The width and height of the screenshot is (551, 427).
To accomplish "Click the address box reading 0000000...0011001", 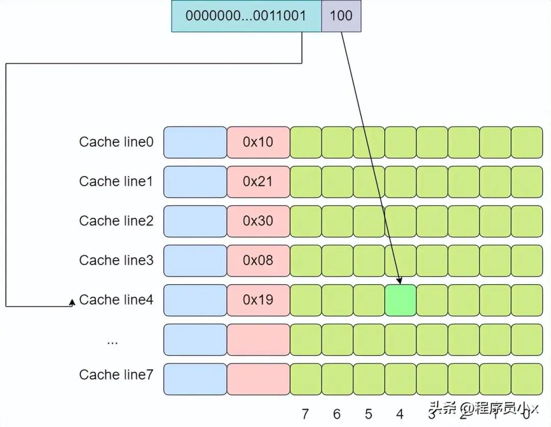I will [246, 16].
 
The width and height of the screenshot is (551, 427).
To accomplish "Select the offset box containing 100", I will [341, 16].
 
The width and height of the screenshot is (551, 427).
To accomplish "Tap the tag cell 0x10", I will [258, 142].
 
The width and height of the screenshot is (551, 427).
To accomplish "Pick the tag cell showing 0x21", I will [258, 182].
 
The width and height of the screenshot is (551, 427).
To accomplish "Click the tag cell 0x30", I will [258, 221].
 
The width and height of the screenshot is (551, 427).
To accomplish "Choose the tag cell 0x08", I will [258, 260].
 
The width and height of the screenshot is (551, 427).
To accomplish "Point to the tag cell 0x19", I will [258, 300].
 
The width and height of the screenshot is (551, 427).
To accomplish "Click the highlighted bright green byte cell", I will [400, 300].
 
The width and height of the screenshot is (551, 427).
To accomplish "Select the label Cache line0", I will [116, 142].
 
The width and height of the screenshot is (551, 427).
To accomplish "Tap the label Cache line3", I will [116, 260].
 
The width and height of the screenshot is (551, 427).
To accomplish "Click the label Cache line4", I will [116, 300].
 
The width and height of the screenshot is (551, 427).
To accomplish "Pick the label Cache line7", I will [116, 375].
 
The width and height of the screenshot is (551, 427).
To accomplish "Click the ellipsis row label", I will [112, 341].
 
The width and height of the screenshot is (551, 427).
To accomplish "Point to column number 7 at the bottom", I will [305, 414].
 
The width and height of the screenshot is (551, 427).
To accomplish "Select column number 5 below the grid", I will [368, 414].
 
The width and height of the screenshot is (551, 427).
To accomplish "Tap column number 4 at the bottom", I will [400, 414].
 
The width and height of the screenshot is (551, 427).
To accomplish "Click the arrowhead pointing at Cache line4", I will [72, 303].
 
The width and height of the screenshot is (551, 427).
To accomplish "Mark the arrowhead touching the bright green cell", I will [400, 281].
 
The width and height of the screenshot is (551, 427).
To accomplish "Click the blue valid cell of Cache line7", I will [195, 379].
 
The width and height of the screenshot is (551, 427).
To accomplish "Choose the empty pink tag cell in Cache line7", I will [258, 379].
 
